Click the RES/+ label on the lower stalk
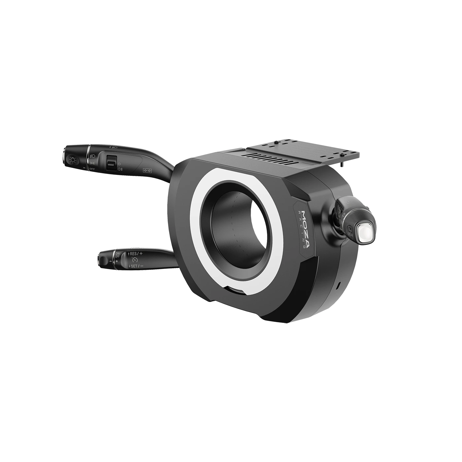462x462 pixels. pos(135,254)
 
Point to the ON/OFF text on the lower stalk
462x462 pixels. pos(117,255)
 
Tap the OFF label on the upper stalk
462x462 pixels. pos(92,169)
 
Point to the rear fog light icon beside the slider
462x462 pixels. pos(120,169)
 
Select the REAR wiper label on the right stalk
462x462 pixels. pos(350,234)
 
